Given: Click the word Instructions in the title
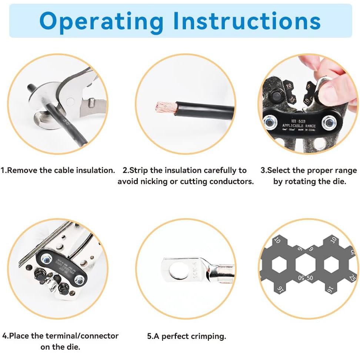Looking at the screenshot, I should tap(247, 21).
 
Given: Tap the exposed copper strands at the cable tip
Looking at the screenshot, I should tap(164, 107).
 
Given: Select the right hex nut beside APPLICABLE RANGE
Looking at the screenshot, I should tap(328, 122).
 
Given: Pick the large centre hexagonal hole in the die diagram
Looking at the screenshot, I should tap(306, 265).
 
